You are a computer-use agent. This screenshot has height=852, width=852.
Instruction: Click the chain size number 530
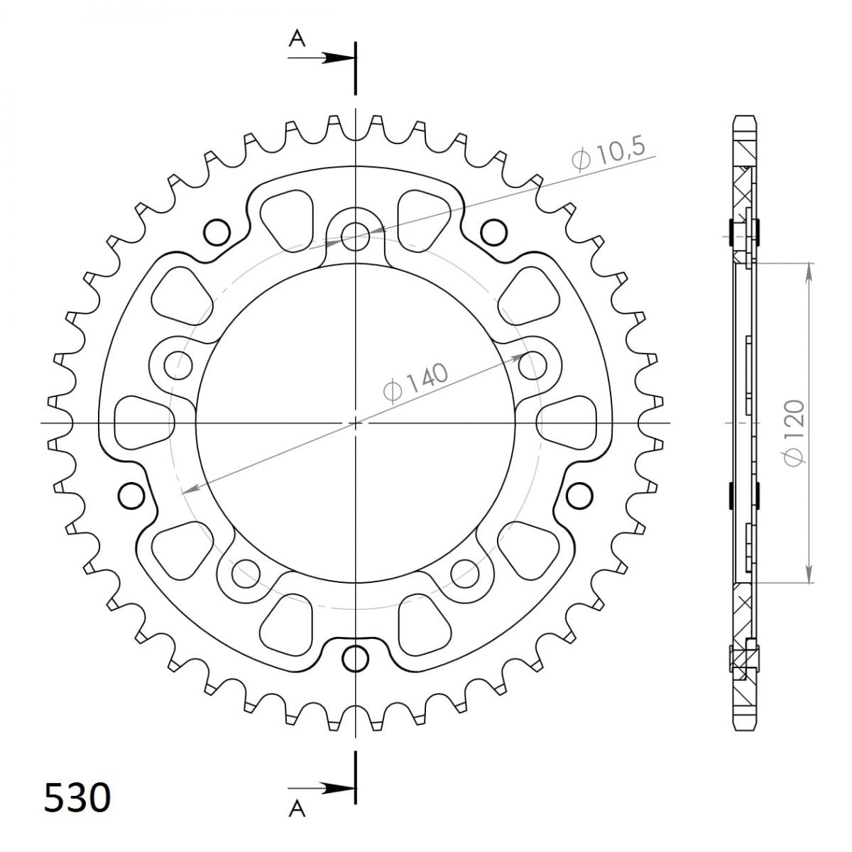(x=77, y=797)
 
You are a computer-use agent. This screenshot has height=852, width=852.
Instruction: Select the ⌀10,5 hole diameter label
(x=608, y=154)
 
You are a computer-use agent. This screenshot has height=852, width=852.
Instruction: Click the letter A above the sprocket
(x=297, y=40)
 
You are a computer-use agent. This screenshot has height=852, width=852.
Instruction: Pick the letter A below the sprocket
(x=297, y=809)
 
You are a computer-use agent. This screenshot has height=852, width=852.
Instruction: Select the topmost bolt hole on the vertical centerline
(x=355, y=236)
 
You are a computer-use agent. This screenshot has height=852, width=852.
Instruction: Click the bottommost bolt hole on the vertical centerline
(x=355, y=658)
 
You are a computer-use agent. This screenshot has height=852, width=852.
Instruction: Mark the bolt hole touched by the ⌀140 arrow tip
(x=533, y=366)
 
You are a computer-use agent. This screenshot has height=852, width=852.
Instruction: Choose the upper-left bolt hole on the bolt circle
(x=177, y=366)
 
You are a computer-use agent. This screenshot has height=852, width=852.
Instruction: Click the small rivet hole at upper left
(x=217, y=231)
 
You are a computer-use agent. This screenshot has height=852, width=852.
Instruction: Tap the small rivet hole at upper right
(x=493, y=231)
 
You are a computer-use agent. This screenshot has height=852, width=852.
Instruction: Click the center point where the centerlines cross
(x=355, y=423)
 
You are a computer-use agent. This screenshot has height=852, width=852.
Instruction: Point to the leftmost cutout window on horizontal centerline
(x=142, y=422)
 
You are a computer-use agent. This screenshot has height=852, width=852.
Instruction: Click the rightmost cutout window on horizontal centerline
(x=568, y=422)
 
